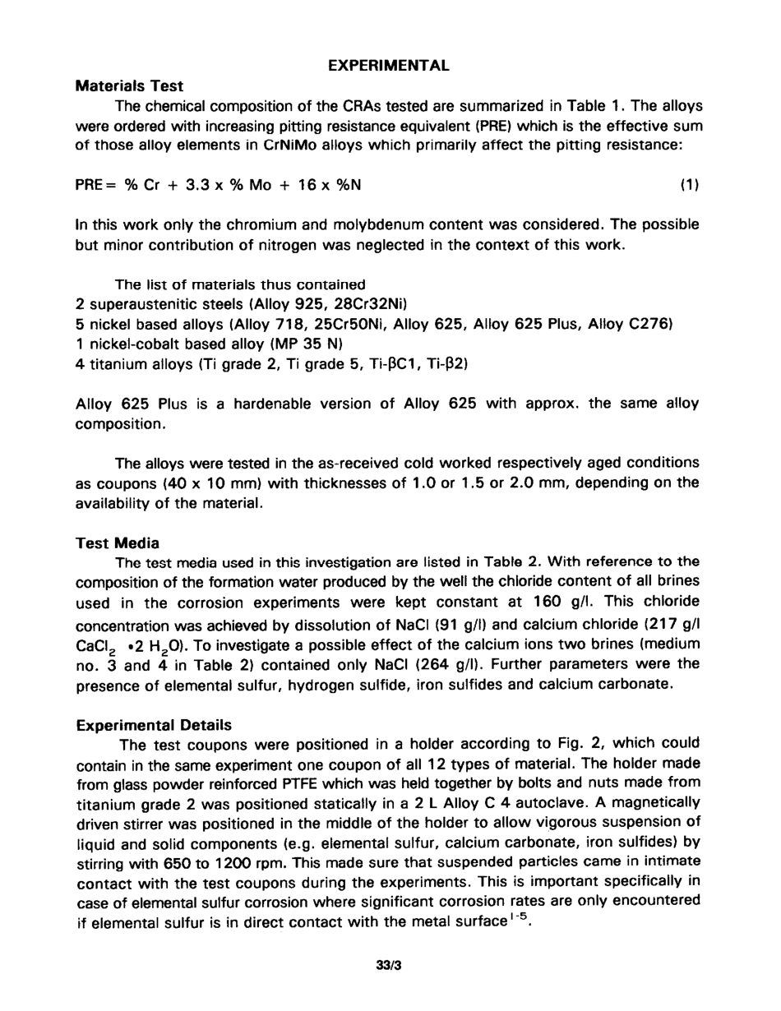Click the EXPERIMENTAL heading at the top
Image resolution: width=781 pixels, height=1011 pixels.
point(389,66)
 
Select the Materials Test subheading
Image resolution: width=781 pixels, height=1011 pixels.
point(129,85)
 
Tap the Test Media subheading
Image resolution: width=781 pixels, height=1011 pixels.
point(118,542)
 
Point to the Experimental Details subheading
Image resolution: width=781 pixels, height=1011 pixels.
point(154,725)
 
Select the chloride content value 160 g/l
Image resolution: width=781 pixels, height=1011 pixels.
point(561,601)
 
